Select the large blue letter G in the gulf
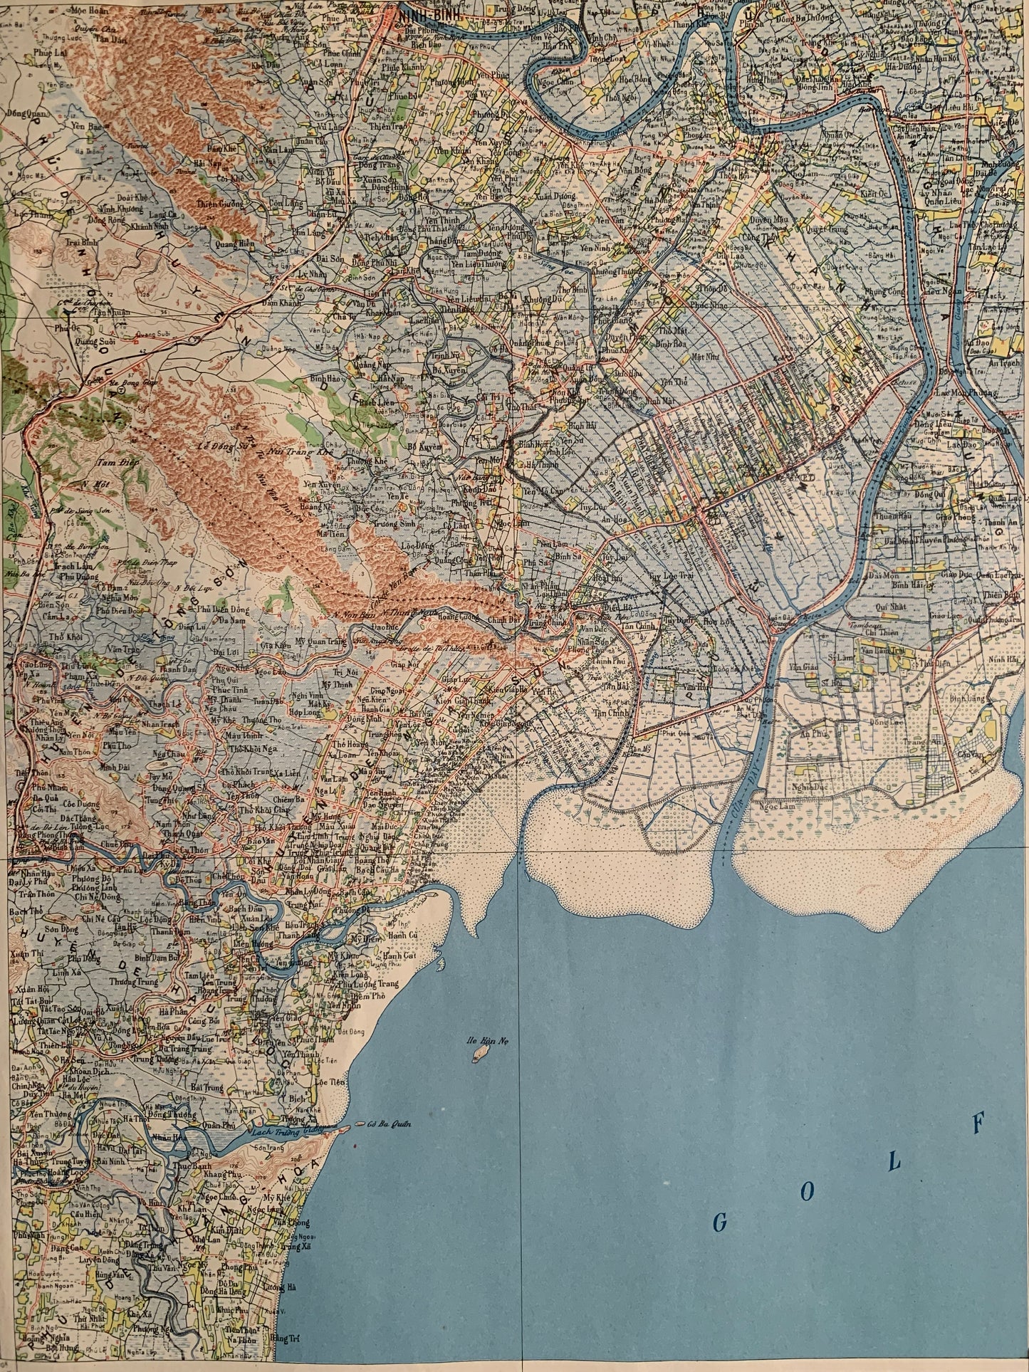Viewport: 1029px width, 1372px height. point(720,1222)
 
